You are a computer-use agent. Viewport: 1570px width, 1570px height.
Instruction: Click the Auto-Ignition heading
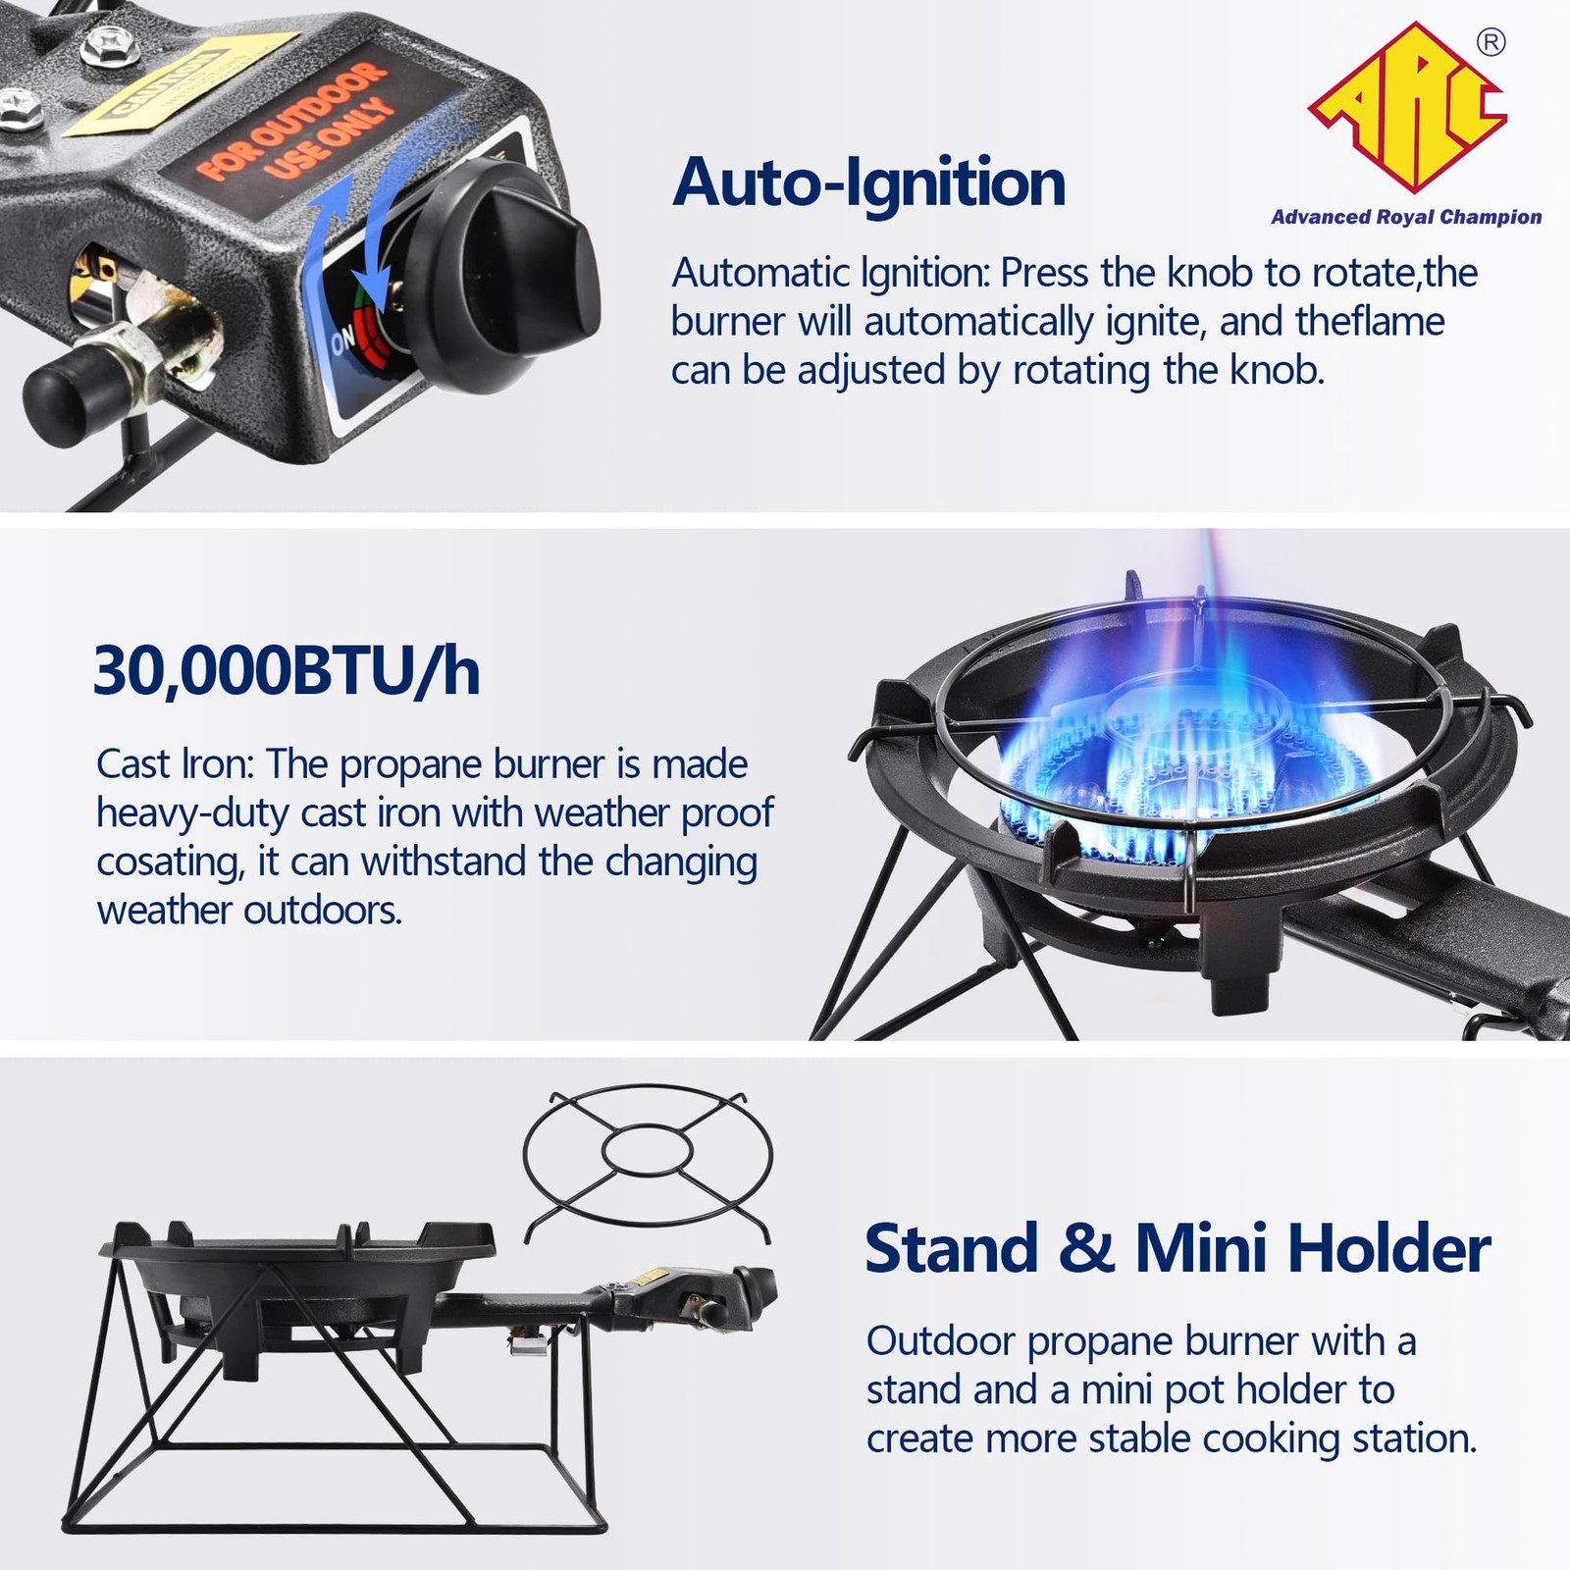click(x=868, y=183)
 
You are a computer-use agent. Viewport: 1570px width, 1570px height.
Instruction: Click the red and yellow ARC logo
click(x=1409, y=110)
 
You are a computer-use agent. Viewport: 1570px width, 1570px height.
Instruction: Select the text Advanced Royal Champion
click(x=1406, y=217)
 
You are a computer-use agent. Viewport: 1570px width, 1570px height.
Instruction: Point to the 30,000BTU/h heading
click(x=287, y=671)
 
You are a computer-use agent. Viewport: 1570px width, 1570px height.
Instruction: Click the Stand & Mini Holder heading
click(x=1177, y=1248)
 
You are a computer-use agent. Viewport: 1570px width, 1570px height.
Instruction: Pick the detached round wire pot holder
click(x=648, y=1158)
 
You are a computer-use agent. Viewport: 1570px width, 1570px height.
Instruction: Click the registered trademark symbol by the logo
click(x=1491, y=43)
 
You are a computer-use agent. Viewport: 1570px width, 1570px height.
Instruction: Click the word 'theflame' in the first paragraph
click(x=1370, y=322)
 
